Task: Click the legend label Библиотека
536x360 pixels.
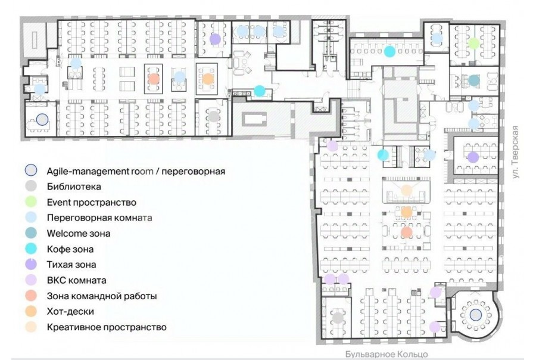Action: [x=74, y=187]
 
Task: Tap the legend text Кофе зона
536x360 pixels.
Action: [x=70, y=249]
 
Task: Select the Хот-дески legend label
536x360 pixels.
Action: [x=70, y=311]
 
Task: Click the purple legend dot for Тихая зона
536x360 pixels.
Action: [x=31, y=265]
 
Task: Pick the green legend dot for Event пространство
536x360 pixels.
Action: [x=31, y=202]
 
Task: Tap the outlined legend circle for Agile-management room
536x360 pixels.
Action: [x=31, y=170]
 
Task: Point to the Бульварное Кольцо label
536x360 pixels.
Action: [x=387, y=354]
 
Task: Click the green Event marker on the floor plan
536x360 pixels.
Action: [x=473, y=43]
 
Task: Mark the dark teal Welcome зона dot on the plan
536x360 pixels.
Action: [x=473, y=80]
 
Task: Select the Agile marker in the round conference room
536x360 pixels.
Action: [x=475, y=315]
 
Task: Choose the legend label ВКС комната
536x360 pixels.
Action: [x=77, y=280]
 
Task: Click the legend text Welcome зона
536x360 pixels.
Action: [x=79, y=234]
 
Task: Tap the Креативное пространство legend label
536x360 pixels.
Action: [x=107, y=327]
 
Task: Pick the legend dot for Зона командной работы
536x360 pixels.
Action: [x=31, y=296]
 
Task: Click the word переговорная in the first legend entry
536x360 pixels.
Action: [x=193, y=171]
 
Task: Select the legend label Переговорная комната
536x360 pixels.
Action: [x=99, y=218]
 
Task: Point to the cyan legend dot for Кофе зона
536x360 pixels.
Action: [x=31, y=249]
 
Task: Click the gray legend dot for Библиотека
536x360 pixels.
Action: [x=31, y=186]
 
